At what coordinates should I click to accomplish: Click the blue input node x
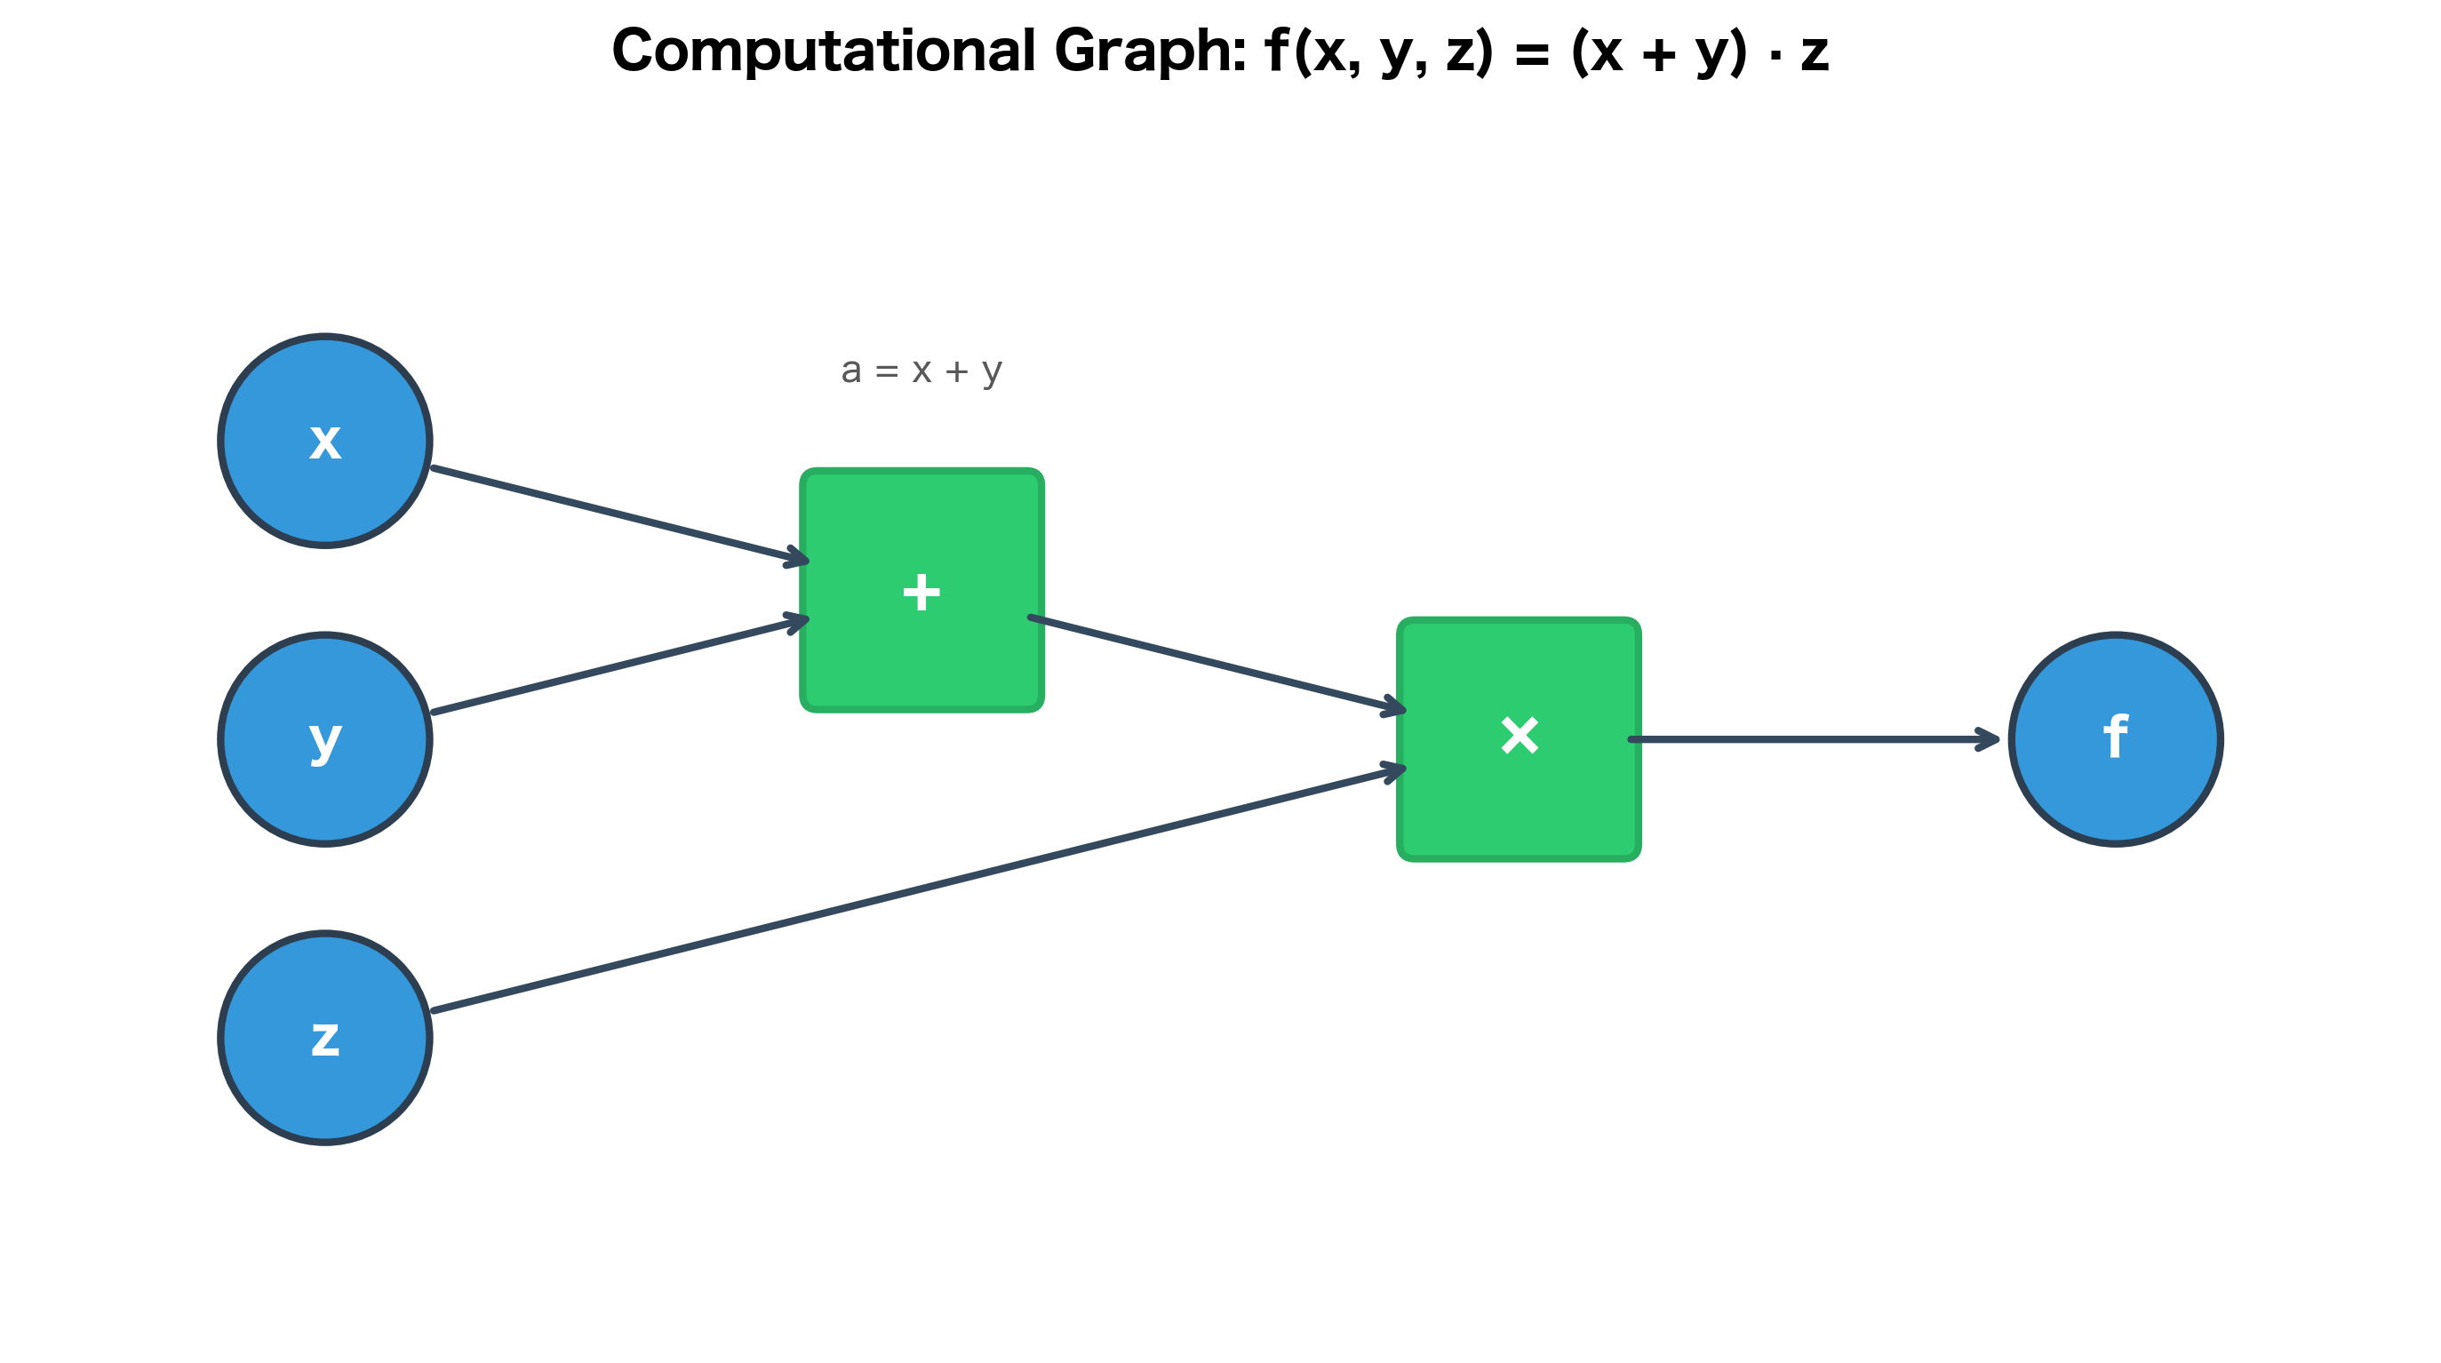coord(325,441)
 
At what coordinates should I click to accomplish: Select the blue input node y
coord(325,738)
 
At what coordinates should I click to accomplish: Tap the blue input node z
coord(325,1037)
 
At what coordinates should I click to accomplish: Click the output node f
coord(2115,738)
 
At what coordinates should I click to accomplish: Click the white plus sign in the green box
coord(921,593)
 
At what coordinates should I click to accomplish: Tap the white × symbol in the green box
coord(1519,735)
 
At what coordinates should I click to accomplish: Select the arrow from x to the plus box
coord(616,514)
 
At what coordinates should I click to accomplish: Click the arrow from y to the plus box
coord(616,666)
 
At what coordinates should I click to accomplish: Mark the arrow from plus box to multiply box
coord(1213,663)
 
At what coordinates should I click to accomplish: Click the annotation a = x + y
coord(921,371)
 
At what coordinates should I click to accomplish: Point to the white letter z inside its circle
coord(325,1038)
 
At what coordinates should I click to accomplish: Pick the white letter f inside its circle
coord(2115,736)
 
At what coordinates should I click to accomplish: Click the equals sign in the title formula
coord(1531,55)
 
